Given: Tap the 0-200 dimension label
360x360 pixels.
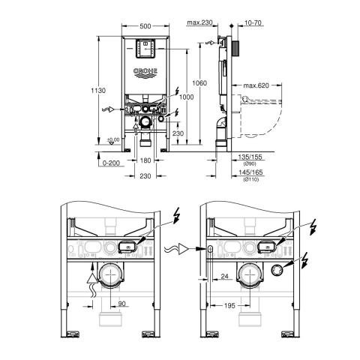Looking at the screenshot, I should [x=111, y=163].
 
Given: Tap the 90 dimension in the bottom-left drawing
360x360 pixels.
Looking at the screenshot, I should [x=121, y=304].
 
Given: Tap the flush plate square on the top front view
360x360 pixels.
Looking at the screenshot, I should [x=146, y=49].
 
